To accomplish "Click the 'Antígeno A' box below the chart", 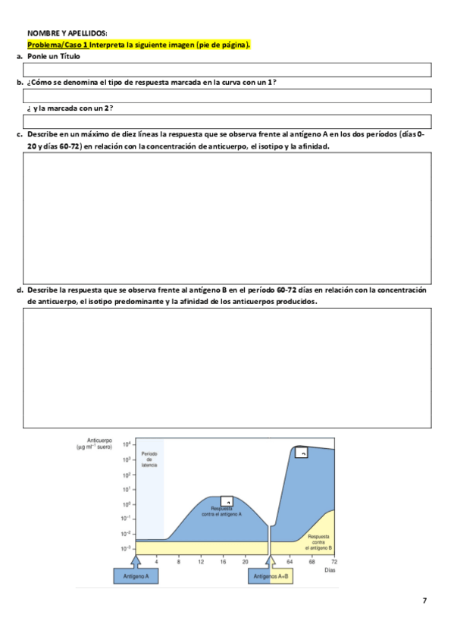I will click(x=136, y=576).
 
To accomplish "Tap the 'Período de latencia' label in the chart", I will click(x=149, y=460).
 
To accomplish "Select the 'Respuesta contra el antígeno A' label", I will click(x=221, y=511).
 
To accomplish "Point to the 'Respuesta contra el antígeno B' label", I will click(x=319, y=542).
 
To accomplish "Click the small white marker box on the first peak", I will click(x=229, y=501).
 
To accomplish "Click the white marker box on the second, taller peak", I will click(x=302, y=452).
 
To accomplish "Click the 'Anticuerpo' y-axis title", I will click(x=100, y=441).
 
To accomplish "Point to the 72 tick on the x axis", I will click(x=334, y=561).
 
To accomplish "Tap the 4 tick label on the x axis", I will click(x=156, y=561).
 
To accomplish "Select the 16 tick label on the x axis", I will click(x=223, y=561).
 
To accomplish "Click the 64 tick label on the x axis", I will click(x=290, y=561).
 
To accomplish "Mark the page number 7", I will click(x=424, y=601).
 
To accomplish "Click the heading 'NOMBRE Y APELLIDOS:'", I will click(x=67, y=33).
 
